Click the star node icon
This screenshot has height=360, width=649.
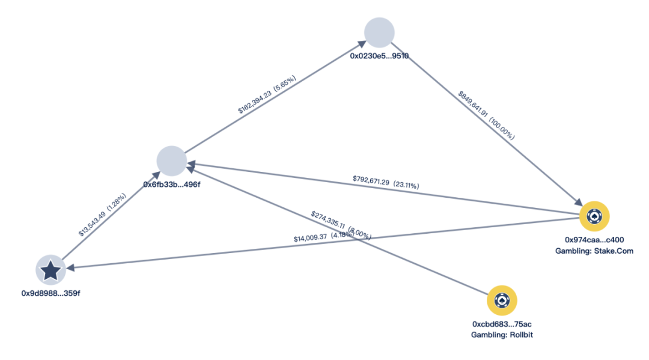(51, 270)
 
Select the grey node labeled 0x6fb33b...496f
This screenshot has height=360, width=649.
(171, 160)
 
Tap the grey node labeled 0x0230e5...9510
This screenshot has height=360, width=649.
(379, 32)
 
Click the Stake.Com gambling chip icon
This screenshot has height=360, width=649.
(595, 216)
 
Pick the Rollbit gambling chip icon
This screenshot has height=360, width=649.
(502, 301)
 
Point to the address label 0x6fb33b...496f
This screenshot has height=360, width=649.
(171, 184)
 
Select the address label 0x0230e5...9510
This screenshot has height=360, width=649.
(379, 55)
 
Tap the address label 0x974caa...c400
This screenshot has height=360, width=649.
(594, 239)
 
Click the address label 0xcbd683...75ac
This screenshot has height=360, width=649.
(502, 324)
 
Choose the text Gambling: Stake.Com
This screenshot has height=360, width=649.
(594, 250)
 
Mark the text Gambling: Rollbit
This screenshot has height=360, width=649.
(502, 335)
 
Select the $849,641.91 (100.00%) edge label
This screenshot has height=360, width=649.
(487, 115)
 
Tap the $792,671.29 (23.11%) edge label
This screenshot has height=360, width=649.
(386, 182)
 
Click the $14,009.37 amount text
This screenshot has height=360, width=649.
(310, 239)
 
